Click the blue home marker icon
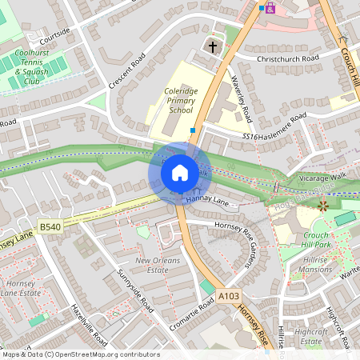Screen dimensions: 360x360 pyautogui.click(x=180, y=172)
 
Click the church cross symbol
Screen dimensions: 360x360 pyautogui.click(x=213, y=47)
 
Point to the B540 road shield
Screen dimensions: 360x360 pyautogui.click(x=50, y=227)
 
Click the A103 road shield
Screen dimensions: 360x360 pyautogui.click(x=229, y=296)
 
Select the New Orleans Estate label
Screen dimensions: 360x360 pyautogui.click(x=157, y=266)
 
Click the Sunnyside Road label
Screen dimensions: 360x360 pyautogui.click(x=135, y=291)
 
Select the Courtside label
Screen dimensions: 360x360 pyautogui.click(x=54, y=35)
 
